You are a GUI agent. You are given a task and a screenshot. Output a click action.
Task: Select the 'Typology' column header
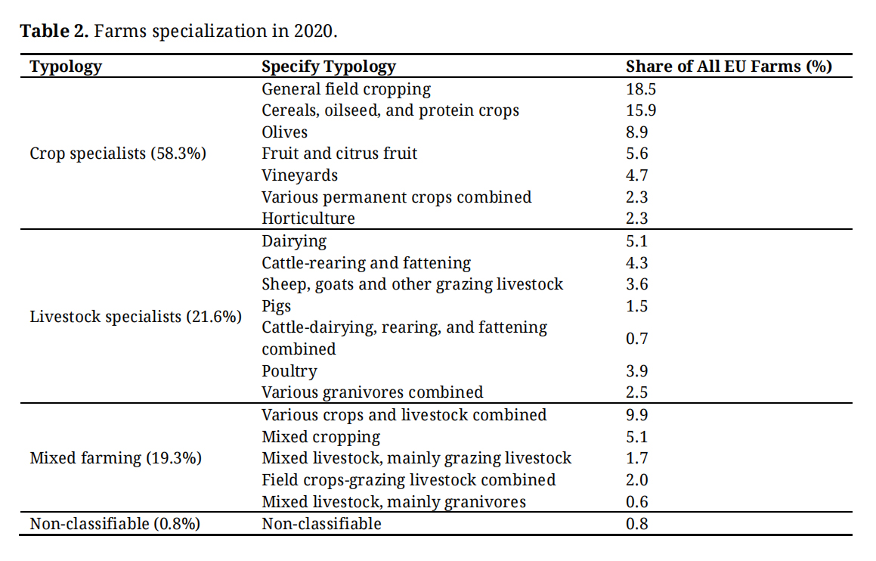65,67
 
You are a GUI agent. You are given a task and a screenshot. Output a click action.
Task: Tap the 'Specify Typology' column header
328,67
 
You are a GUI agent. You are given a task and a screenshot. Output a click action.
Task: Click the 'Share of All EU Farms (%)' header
729,67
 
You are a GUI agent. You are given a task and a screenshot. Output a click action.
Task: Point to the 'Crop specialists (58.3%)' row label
118,153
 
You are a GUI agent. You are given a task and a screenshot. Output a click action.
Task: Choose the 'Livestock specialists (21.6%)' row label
135,317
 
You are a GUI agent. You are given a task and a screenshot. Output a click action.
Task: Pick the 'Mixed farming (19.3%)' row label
116,458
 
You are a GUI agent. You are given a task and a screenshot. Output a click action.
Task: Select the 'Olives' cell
285,132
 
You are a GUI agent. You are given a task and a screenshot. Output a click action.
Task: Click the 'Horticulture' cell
308,219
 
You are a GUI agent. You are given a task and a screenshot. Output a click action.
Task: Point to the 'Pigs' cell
276,306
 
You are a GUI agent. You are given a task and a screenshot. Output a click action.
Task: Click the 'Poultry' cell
289,371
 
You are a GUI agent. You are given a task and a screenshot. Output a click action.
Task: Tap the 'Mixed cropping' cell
320,437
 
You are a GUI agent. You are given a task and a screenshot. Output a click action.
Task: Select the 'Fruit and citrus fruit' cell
339,153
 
